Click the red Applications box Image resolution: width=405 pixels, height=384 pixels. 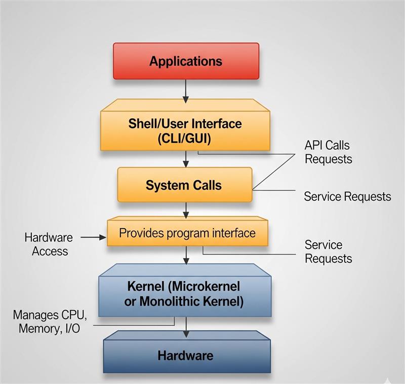186,61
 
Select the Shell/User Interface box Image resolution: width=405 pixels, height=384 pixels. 185,131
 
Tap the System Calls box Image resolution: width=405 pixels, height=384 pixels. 184,185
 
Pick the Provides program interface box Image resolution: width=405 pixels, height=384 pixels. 187,233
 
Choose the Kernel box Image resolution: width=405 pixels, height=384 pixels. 185,294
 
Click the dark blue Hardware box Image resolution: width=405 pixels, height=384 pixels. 186,355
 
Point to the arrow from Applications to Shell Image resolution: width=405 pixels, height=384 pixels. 186,90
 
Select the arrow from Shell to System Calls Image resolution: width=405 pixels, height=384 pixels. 186,159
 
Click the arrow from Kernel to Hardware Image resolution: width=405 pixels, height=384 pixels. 186,327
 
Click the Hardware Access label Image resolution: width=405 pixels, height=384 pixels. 49,244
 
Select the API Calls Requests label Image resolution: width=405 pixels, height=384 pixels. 328,152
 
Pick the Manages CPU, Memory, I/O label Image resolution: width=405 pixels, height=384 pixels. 50,322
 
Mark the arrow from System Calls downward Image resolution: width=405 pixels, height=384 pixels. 186,208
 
